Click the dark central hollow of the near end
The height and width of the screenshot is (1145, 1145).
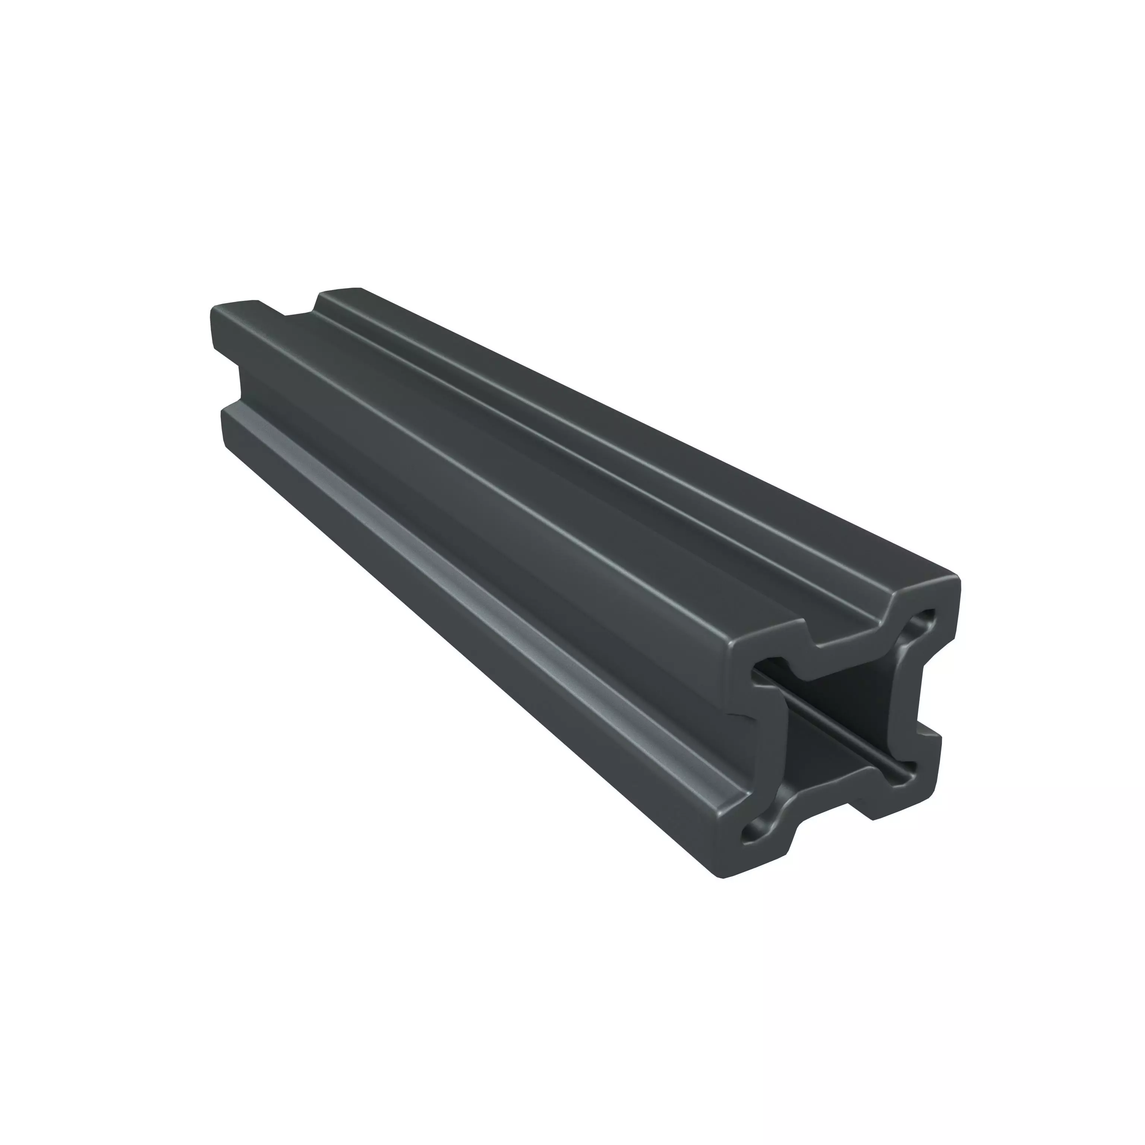842,723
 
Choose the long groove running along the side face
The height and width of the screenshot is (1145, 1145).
474,533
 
